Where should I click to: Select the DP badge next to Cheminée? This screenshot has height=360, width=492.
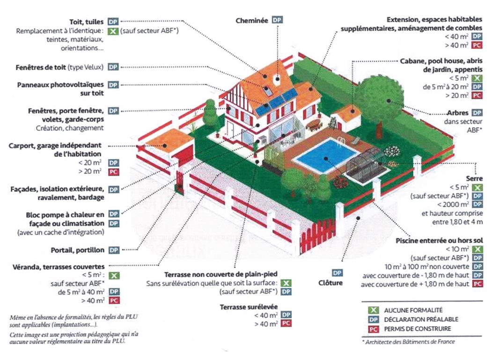(x=278, y=20)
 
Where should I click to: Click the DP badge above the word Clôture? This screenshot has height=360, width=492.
(x=337, y=272)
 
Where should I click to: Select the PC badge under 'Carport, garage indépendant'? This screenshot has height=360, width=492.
(x=113, y=172)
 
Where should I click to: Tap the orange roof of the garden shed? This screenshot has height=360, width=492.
(x=349, y=112)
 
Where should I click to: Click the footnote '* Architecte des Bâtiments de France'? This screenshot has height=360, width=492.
(x=408, y=342)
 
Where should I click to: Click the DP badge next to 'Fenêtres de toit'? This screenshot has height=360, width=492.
(x=113, y=67)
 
